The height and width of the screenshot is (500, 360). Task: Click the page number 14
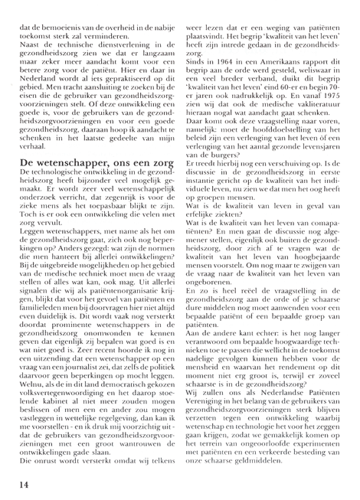point(16,485)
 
